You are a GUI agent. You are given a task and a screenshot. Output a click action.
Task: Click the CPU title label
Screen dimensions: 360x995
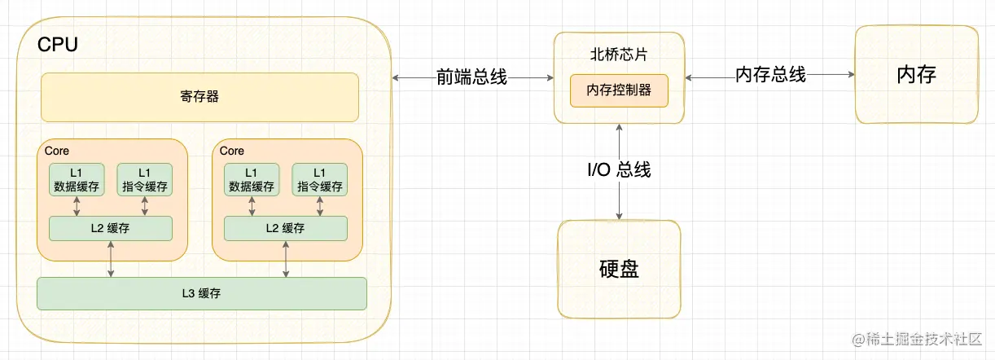[58, 45]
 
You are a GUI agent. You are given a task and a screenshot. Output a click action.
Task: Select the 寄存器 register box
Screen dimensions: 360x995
[199, 97]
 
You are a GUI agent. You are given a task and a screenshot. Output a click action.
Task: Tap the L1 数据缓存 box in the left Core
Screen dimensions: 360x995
[77, 180]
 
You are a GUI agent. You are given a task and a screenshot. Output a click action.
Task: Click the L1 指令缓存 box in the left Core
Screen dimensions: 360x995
[144, 180]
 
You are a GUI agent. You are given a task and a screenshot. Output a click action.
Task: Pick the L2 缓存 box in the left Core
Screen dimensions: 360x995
[111, 229]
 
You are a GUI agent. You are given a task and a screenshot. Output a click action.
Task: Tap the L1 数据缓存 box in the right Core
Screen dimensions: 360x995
[252, 180]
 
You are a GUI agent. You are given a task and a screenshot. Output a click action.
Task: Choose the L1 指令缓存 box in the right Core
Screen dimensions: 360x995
[319, 180]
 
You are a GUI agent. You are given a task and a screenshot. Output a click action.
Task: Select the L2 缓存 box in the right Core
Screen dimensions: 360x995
[285, 229]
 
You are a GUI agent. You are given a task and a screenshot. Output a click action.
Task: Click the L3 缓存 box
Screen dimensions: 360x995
[202, 294]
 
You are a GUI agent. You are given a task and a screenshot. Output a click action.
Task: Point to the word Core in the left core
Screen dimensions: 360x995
[57, 151]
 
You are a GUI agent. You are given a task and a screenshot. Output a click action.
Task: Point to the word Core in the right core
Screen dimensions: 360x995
[232, 151]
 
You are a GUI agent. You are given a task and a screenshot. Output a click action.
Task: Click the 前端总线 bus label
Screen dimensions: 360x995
[471, 77]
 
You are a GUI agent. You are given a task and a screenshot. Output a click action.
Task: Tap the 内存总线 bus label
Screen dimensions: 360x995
[770, 75]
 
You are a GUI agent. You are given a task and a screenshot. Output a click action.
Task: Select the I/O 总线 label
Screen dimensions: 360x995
[619, 170]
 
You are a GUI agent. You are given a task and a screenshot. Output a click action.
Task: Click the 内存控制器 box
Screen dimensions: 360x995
[619, 90]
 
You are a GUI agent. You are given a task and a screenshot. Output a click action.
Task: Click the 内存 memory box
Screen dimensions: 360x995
[916, 75]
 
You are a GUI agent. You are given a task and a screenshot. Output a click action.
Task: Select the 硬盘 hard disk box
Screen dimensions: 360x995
[619, 269]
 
